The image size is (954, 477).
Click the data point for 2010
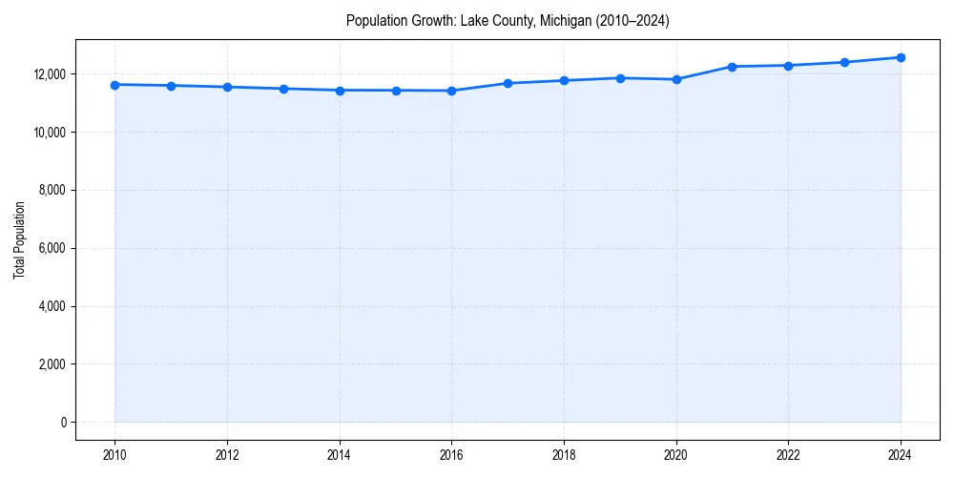[x=114, y=85]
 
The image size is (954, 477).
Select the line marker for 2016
[x=451, y=91]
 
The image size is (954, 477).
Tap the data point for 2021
[x=732, y=67]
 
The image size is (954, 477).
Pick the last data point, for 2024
[x=901, y=57]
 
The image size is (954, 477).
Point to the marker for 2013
[x=283, y=89]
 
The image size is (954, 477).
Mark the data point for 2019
[x=620, y=78]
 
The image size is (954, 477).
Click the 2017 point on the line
[x=508, y=83]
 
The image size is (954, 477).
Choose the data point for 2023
[x=844, y=62]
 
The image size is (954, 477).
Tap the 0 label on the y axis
[x=63, y=422]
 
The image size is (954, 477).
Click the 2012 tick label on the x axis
[x=227, y=455]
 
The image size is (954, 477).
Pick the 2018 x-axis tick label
[x=564, y=455]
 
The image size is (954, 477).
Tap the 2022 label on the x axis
[x=788, y=455]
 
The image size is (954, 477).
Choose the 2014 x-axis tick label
[x=340, y=455]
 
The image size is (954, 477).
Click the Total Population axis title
[x=19, y=239]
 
